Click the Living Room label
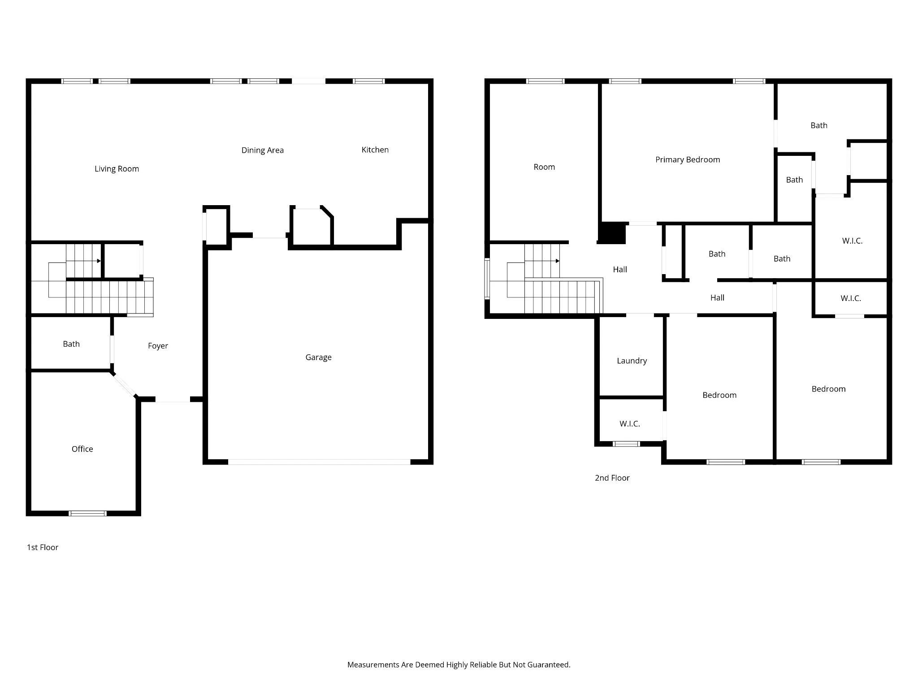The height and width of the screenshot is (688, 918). point(117,169)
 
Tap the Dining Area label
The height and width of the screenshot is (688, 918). point(263,150)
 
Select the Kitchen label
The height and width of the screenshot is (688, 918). point(375,150)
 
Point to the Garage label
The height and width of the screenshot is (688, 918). point(319,357)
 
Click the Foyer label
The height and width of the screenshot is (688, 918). point(158,346)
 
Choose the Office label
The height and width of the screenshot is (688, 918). point(82,449)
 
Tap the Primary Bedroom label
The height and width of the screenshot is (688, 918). point(688,160)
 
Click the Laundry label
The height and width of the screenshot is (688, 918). point(632,361)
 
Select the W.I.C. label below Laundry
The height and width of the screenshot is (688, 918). point(630,424)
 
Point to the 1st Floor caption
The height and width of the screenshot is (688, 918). point(43,547)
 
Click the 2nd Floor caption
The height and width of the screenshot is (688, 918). point(612,478)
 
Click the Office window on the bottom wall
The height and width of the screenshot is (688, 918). point(87,513)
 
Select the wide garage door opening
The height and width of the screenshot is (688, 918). point(319,462)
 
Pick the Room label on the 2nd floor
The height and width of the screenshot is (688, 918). point(544,167)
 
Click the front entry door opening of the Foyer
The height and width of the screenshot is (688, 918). point(173,400)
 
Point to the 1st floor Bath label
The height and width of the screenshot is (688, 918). point(71,344)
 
